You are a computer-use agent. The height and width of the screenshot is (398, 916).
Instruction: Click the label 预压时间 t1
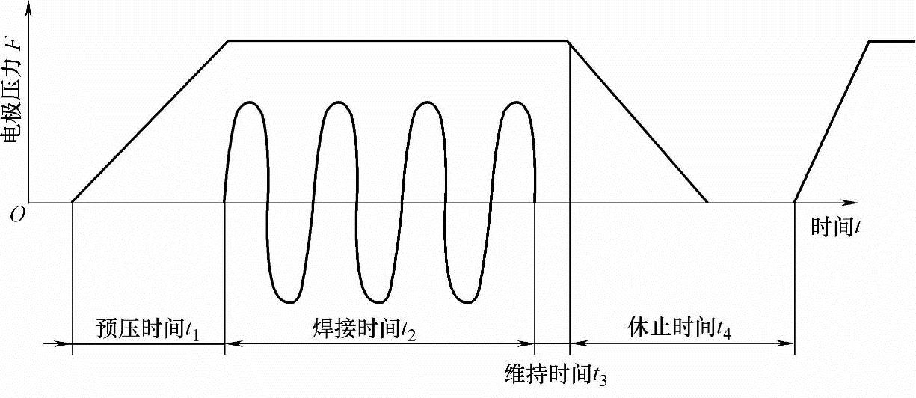[x=150, y=328]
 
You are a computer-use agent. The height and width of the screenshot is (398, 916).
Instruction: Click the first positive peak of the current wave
[x=249, y=102]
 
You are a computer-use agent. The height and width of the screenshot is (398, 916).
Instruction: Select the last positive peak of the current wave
[x=516, y=102]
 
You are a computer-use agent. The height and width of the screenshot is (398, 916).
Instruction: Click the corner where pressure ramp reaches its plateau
[x=228, y=40]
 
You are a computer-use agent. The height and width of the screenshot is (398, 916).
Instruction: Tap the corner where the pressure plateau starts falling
[x=569, y=40]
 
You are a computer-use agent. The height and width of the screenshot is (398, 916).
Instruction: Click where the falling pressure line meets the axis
[x=707, y=202]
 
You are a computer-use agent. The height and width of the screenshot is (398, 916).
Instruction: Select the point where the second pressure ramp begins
[x=794, y=202]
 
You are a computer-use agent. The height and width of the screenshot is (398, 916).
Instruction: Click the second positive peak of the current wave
[x=338, y=102]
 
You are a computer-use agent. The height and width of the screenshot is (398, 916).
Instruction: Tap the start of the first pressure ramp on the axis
[x=72, y=202]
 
